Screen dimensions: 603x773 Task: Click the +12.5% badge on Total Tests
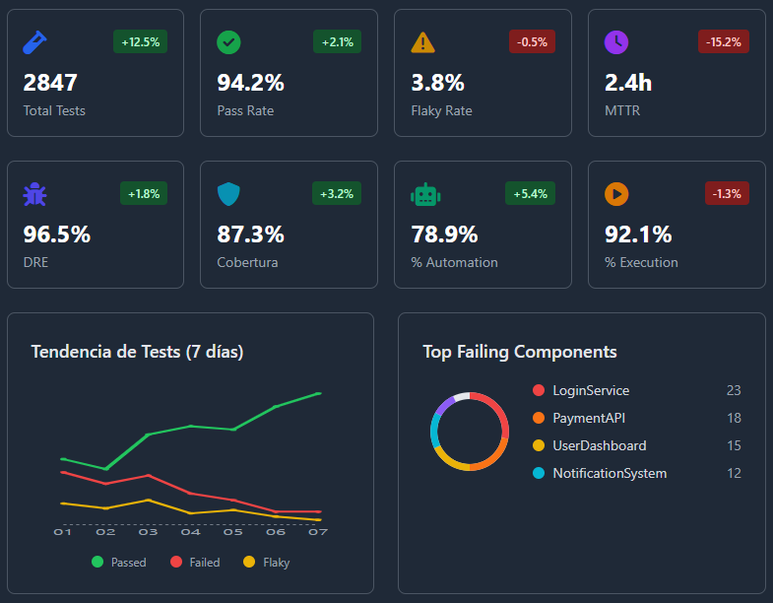(x=140, y=41)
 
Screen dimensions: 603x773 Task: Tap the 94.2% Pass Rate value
(x=250, y=83)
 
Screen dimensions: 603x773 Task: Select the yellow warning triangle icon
(x=422, y=42)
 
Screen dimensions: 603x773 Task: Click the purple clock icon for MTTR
(x=615, y=42)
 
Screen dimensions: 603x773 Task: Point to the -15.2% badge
(x=724, y=41)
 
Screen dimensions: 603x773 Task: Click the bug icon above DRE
(x=34, y=194)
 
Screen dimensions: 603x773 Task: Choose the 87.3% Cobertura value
(x=250, y=234)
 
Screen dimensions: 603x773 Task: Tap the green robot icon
(x=424, y=194)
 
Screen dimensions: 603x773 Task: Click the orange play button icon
(x=616, y=194)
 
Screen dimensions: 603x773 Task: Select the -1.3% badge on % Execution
(x=727, y=193)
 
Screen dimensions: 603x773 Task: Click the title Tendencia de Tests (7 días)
(x=137, y=352)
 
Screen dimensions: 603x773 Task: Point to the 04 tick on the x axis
(x=190, y=532)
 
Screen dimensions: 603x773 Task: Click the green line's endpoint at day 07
(x=318, y=393)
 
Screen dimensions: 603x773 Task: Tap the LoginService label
(x=591, y=391)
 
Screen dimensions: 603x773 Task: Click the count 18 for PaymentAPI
(x=734, y=419)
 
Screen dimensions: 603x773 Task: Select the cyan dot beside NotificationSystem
(x=538, y=474)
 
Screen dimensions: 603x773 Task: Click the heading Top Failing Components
(x=520, y=352)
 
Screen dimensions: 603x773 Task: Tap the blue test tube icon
(x=34, y=42)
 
